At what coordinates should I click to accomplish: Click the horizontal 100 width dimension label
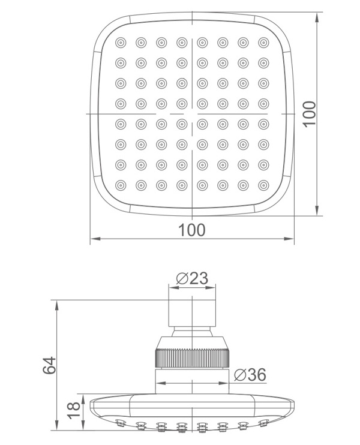coord(192,230)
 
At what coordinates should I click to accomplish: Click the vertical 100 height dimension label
coord(309,113)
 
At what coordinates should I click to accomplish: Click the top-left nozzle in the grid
coord(121,43)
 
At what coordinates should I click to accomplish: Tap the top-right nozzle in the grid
coord(263,43)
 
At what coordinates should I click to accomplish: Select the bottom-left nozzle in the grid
coord(121,185)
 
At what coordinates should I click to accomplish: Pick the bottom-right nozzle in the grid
coord(263,185)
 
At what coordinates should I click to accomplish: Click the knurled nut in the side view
coord(191,359)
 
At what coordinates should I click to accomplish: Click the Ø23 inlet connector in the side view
coord(191,312)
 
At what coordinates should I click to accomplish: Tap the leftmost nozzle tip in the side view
coord(121,425)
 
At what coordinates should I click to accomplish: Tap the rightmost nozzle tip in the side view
coord(263,425)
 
